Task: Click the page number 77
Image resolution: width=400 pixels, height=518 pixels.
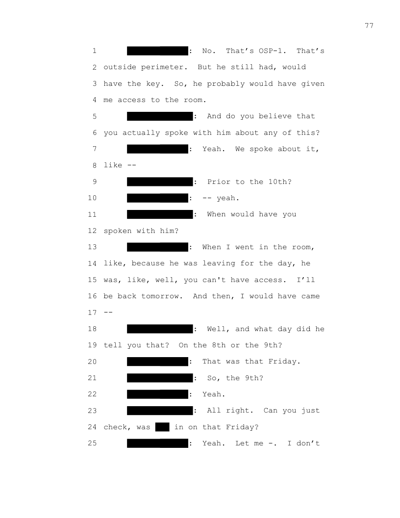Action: pyautogui.click(x=369, y=26)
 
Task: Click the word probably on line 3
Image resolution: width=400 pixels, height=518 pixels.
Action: pyautogui.click(x=226, y=84)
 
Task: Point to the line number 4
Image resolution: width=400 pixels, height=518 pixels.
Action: pyautogui.click(x=95, y=100)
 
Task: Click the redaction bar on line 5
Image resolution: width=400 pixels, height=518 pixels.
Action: pyautogui.click(x=160, y=116)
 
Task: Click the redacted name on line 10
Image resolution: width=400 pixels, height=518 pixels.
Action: pyautogui.click(x=157, y=198)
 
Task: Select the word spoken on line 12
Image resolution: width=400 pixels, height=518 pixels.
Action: pyautogui.click(x=118, y=231)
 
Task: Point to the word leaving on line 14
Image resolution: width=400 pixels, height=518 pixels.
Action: pyautogui.click(x=219, y=263)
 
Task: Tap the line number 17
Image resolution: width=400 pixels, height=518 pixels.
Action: pyautogui.click(x=92, y=312)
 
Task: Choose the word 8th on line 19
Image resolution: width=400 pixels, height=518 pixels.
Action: pyautogui.click(x=219, y=345)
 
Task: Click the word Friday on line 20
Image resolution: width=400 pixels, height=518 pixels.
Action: pyautogui.click(x=282, y=362)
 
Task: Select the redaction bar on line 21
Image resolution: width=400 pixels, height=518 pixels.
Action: pyautogui.click(x=160, y=378)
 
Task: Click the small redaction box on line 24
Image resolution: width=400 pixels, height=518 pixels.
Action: pyautogui.click(x=162, y=427)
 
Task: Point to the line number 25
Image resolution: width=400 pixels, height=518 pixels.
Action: pyautogui.click(x=92, y=443)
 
